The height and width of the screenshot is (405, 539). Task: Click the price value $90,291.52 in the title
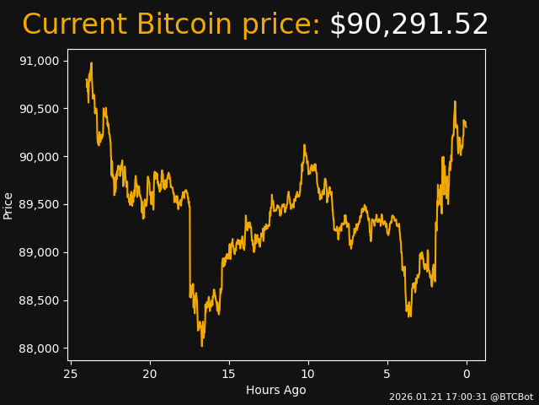[x=408, y=25]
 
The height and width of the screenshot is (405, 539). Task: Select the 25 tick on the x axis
[x=71, y=374]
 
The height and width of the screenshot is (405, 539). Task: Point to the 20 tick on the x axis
[x=150, y=374]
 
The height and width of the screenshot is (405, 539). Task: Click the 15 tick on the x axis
[x=229, y=374]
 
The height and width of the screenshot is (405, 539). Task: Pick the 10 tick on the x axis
[x=308, y=374]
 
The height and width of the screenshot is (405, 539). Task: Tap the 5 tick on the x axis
[x=387, y=374]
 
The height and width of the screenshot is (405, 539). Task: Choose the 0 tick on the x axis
[x=467, y=374]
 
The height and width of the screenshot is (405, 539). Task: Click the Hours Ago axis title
[x=276, y=390]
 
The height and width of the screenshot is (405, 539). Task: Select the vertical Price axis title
[x=8, y=205]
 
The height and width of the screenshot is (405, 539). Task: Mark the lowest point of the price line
[x=202, y=345]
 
